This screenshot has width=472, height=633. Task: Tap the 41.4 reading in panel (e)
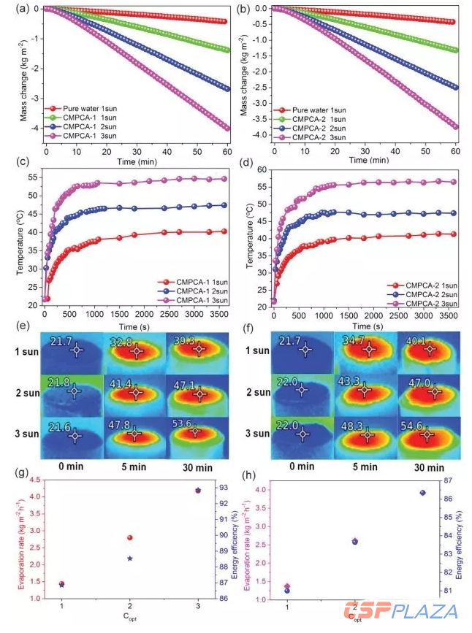pos(124,383)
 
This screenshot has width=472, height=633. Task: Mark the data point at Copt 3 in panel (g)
pos(198,490)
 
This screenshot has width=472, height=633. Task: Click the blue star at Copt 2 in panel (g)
pos(130,559)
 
